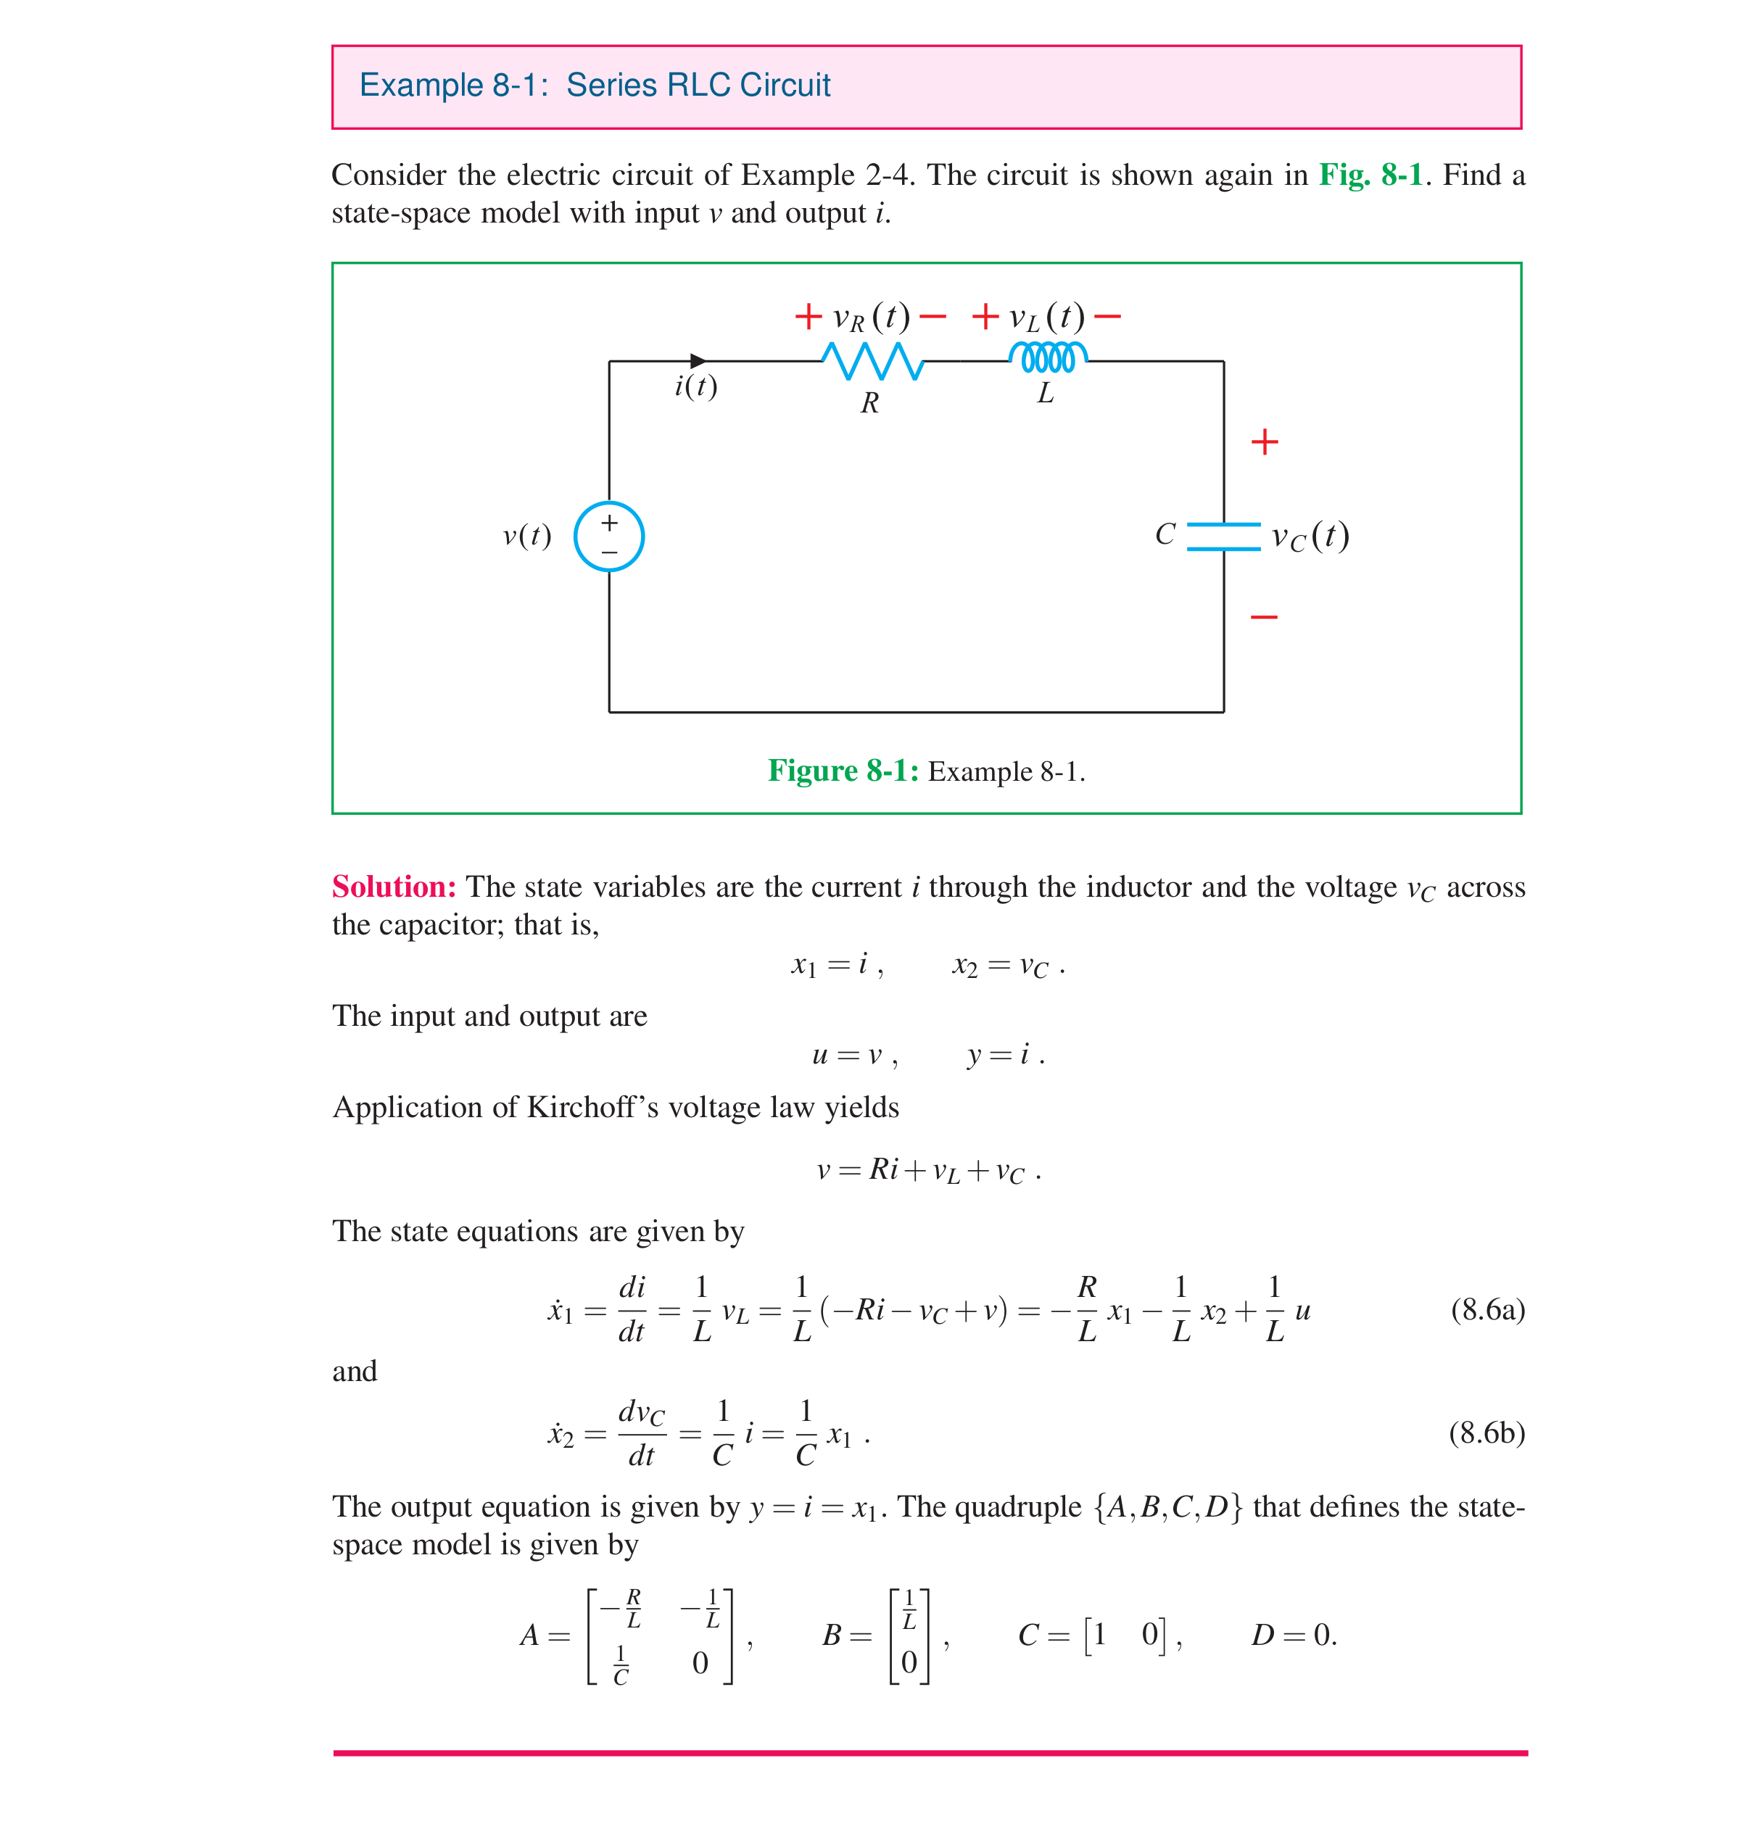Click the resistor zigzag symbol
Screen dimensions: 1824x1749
click(x=872, y=361)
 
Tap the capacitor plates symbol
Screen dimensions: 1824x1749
click(x=1223, y=537)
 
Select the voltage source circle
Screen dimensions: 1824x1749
click(x=609, y=537)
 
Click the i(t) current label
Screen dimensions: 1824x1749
click(x=695, y=386)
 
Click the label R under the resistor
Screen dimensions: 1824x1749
click(x=869, y=403)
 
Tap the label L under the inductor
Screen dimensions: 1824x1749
click(x=1046, y=394)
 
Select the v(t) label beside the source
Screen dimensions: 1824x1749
click(x=527, y=536)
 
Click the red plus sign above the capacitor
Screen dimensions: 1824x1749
click(x=1264, y=442)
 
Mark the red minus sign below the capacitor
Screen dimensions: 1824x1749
click(x=1263, y=617)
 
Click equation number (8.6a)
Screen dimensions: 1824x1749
click(x=1487, y=1310)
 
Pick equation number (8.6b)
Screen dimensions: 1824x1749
click(x=1486, y=1433)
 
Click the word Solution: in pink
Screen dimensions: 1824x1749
click(x=394, y=887)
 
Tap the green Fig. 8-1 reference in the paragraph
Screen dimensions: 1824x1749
click(x=1370, y=175)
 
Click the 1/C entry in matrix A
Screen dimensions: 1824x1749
click(x=621, y=1665)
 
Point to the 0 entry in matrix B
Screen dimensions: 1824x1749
click(x=909, y=1662)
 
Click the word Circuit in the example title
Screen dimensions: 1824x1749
click(x=784, y=86)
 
